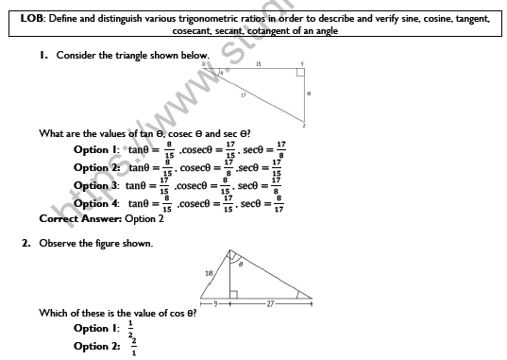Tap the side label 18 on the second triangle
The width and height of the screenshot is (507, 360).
pyautogui.click(x=209, y=273)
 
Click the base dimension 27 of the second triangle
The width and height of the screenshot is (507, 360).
pyautogui.click(x=271, y=304)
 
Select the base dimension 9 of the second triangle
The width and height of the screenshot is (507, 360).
pyautogui.click(x=215, y=304)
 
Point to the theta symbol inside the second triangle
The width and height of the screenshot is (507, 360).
pyautogui.click(x=240, y=266)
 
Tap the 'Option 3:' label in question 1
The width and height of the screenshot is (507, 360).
pyautogui.click(x=95, y=186)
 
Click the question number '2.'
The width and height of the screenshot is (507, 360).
pyautogui.click(x=28, y=243)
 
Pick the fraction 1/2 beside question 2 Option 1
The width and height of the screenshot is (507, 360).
pyautogui.click(x=130, y=328)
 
